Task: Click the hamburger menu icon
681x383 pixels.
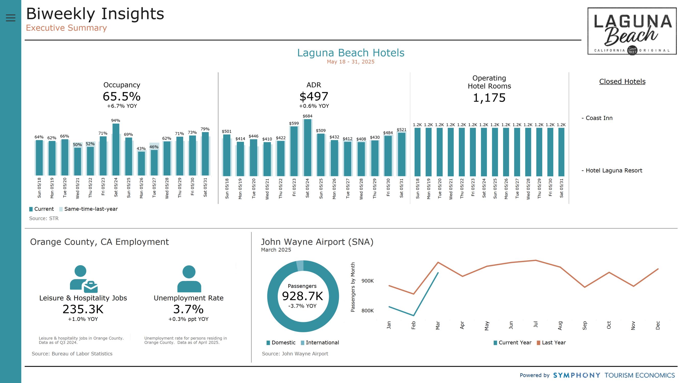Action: [x=10, y=18]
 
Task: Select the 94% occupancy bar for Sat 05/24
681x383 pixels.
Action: [x=116, y=149]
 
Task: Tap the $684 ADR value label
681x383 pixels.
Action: [x=308, y=116]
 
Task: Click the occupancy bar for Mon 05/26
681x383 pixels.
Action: [x=142, y=163]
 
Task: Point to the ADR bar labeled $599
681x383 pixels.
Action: [x=294, y=151]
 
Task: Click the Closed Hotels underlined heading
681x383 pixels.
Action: [x=622, y=82]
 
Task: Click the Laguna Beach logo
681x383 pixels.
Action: [x=632, y=31]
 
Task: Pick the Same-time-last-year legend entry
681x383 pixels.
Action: [x=89, y=209]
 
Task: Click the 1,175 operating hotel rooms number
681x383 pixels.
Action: [x=489, y=98]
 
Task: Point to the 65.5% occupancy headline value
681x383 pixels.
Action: [x=122, y=97]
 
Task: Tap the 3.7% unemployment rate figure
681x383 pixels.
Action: [x=189, y=309]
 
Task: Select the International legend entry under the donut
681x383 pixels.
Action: [x=320, y=343]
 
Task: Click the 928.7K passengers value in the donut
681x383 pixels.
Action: [x=303, y=296]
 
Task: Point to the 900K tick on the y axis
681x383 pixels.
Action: [x=368, y=281]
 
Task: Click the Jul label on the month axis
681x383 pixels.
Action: [x=536, y=324]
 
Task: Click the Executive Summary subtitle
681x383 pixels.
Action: [x=66, y=28]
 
